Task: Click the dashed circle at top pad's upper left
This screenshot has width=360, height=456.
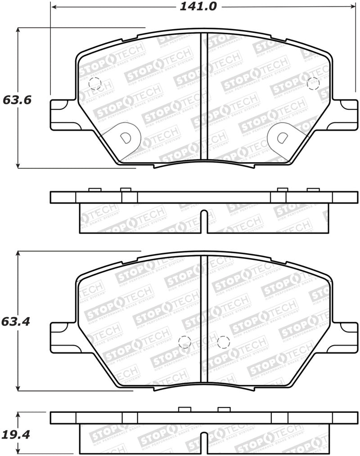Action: click(x=95, y=84)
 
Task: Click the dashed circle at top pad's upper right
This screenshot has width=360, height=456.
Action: click(x=313, y=83)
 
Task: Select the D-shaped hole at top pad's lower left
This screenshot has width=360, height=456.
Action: click(x=126, y=138)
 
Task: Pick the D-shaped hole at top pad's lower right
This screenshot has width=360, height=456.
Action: click(x=282, y=138)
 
